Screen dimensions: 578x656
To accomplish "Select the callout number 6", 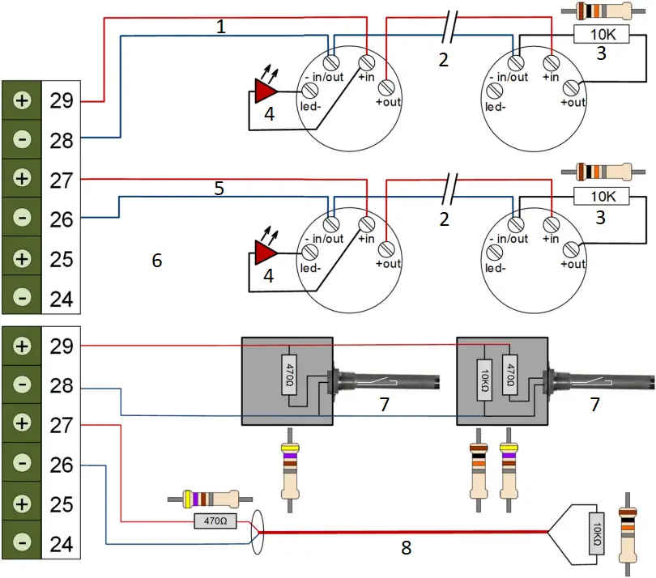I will tap(157, 260).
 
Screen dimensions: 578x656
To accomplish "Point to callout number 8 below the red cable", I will tap(406, 548).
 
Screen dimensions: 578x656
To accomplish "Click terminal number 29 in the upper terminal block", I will tap(61, 101).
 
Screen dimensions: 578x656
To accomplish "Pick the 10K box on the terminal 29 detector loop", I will tap(602, 34).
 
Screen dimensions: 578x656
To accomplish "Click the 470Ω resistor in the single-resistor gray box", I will tap(289, 374).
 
